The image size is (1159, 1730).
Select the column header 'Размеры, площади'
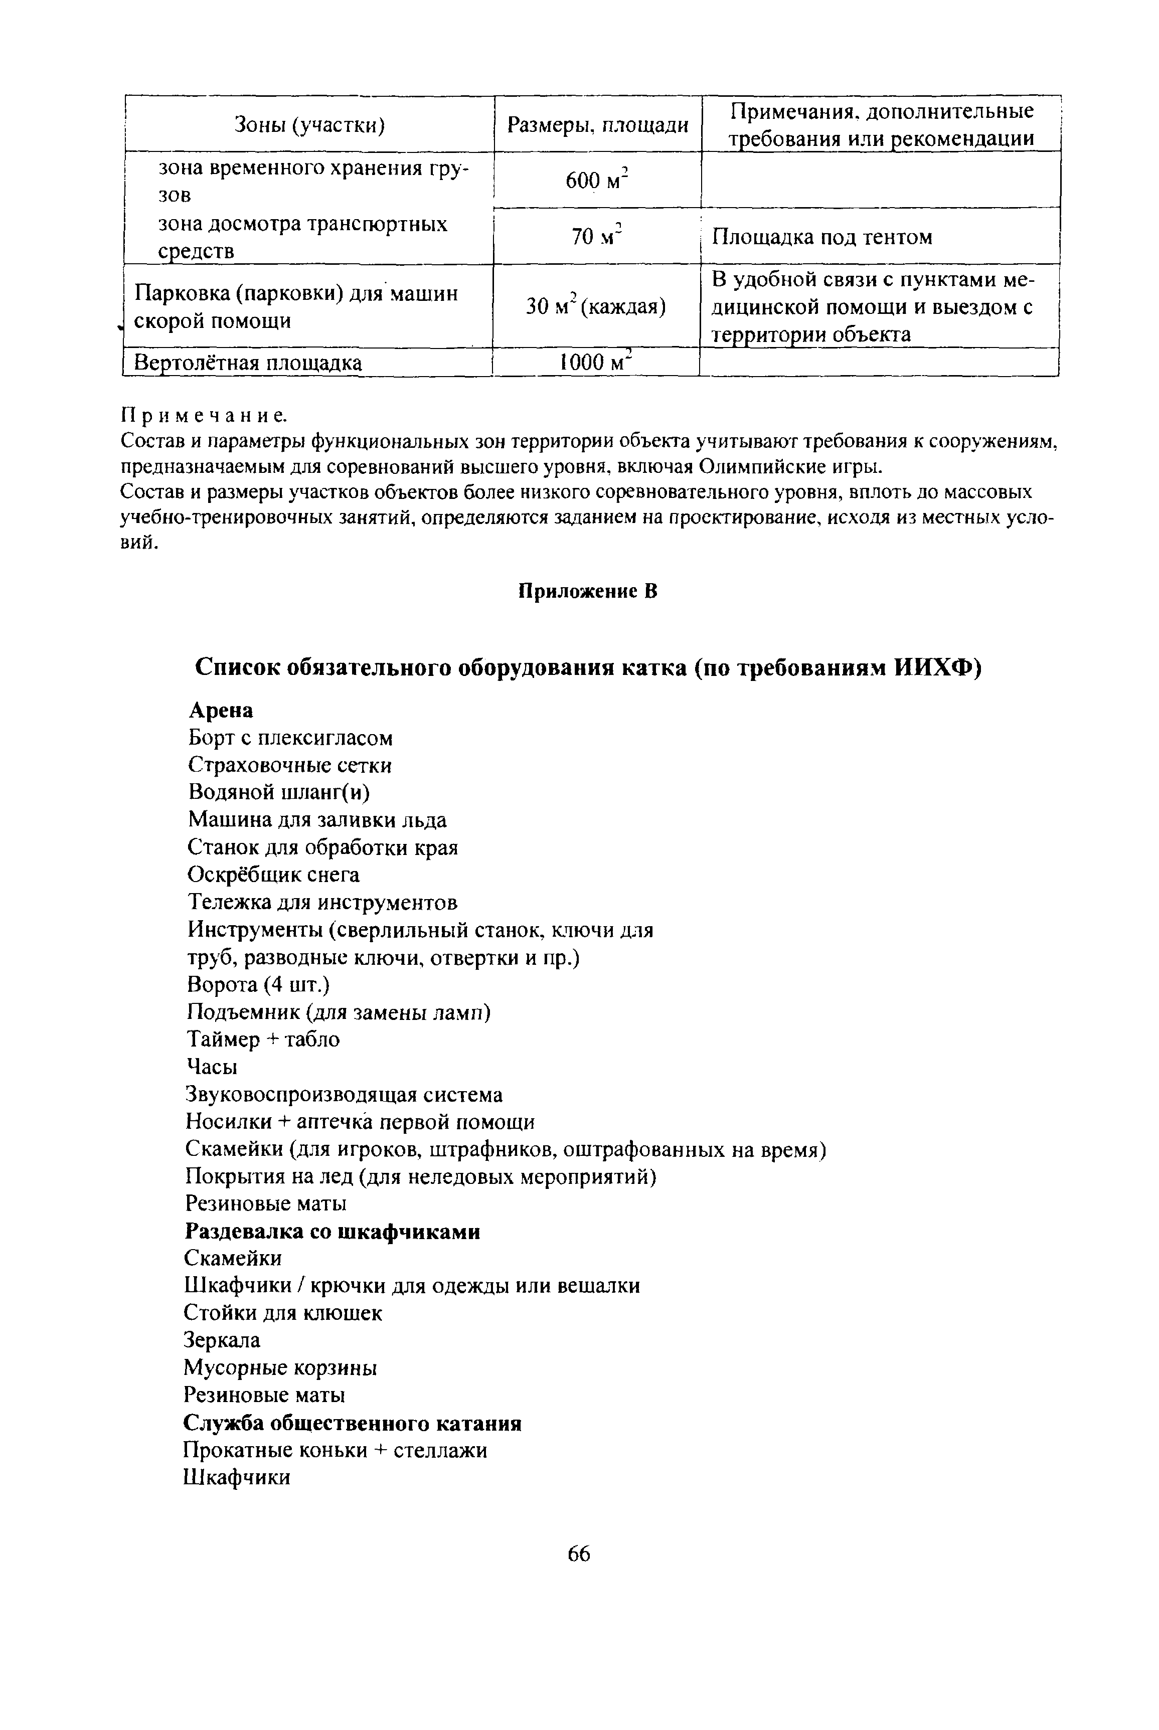pos(597,125)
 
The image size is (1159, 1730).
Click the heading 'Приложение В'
pos(587,591)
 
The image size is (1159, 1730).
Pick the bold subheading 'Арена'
pos(221,710)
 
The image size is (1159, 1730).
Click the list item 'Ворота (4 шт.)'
pos(257,984)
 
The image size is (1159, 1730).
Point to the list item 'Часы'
pos(212,1067)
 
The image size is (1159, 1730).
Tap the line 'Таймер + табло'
pos(263,1039)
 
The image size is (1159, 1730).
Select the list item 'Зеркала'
pos(222,1340)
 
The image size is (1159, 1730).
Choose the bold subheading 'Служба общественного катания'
pos(353,1423)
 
